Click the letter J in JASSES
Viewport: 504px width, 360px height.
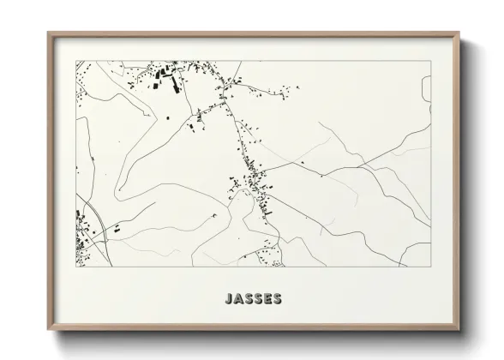point(227,299)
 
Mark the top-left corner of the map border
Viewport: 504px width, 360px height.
point(76,61)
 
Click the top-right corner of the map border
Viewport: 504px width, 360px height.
point(430,61)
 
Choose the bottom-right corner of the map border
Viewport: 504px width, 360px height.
point(430,267)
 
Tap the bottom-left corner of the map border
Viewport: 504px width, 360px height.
point(76,267)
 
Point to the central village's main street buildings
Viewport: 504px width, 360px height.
point(254,182)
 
